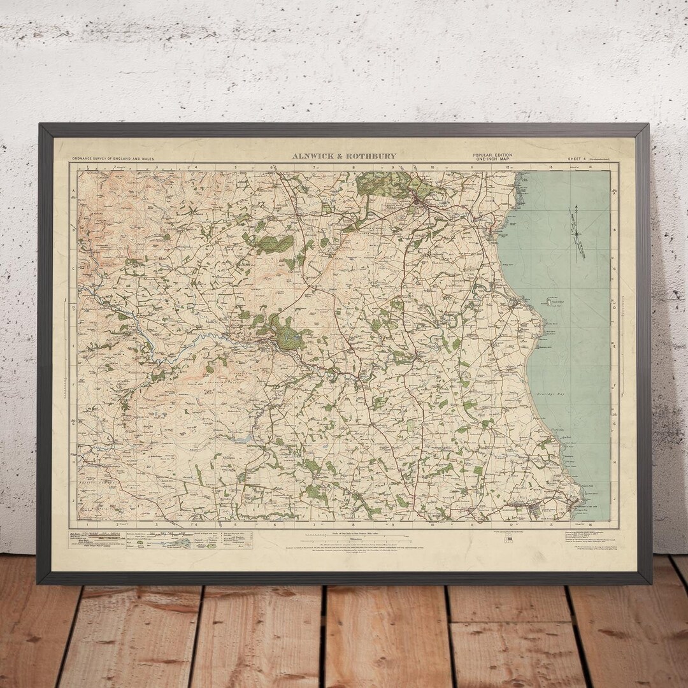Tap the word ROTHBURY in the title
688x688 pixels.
[373, 156]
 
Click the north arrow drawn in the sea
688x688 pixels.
[578, 233]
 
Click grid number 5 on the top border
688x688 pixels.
[236, 168]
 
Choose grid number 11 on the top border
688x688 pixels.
[472, 168]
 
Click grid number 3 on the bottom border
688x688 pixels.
[157, 524]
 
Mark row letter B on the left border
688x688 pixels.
[73, 231]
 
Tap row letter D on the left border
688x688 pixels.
[73, 308]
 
